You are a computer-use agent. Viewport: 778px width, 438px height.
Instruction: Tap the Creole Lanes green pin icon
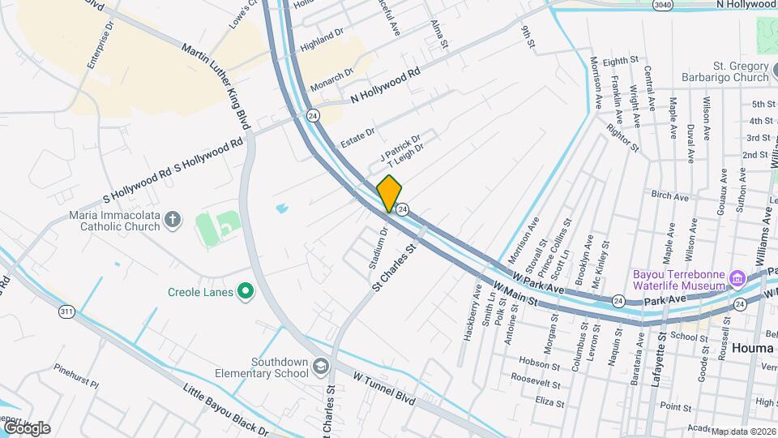[x=244, y=292]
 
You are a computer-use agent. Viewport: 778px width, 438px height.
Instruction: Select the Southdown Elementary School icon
[x=321, y=367]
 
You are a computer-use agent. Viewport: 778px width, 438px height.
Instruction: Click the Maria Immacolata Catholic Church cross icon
[x=172, y=219]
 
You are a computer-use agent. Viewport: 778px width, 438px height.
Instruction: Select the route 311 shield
[x=67, y=311]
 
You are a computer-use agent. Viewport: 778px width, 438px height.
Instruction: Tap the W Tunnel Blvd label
[x=384, y=387]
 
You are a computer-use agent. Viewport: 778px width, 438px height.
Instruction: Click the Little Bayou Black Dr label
[x=225, y=409]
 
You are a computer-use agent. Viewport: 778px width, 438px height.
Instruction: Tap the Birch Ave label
[x=669, y=195]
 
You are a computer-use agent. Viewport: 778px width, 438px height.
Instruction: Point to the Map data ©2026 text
[x=743, y=432]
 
